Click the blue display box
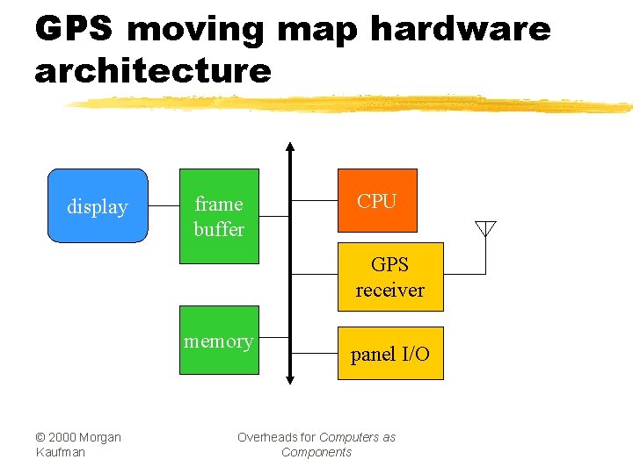point(97,205)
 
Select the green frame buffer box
point(219,216)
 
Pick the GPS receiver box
point(390,276)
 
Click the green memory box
point(219,341)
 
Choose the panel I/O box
point(390,354)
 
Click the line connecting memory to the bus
point(274,336)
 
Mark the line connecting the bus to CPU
point(315,200)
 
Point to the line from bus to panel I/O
point(315,353)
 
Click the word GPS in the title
point(74,29)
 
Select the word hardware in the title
point(460,29)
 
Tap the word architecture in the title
point(153,71)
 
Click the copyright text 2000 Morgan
point(78,437)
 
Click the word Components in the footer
point(316,452)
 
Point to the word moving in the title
point(195,29)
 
